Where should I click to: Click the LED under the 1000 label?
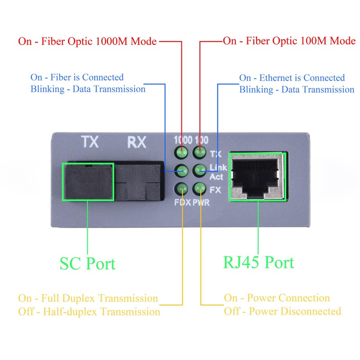coord(181,152)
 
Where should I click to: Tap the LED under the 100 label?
coord(199,152)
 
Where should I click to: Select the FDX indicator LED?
coord(181,189)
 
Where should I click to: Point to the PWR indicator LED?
coord(199,189)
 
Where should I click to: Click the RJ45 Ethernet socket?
coord(258,176)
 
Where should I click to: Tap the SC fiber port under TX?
coord(88,182)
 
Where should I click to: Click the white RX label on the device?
coord(137,142)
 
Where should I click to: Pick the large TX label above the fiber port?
coord(90,142)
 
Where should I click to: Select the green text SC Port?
coord(87,264)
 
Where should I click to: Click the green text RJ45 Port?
coord(258,262)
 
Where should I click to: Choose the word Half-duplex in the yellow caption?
coord(70,312)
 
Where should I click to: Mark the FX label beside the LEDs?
coord(215,190)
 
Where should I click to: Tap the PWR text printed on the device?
coord(201,202)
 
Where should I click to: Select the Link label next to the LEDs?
coord(218,167)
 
